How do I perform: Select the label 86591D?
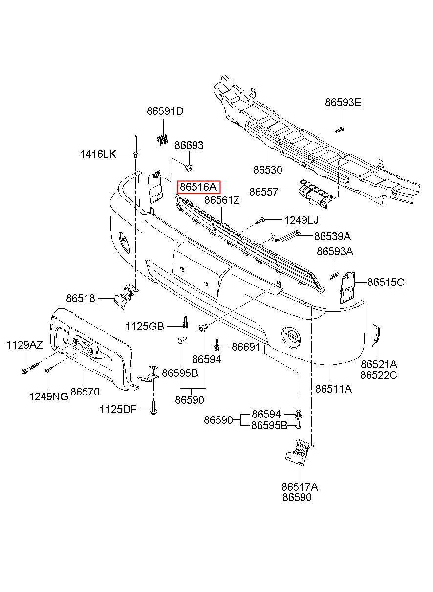coord(165,111)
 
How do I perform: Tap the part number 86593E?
coord(344,103)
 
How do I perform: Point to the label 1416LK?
coord(98,154)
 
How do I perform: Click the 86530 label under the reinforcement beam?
coord(268,170)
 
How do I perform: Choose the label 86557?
coord(264,192)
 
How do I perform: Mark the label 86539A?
coord(332,237)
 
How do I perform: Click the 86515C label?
coord(386,282)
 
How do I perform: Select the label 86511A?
coord(334,389)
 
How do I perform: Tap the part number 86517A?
coord(300,487)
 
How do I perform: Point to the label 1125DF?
coord(118,409)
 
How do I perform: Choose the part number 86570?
coord(85,392)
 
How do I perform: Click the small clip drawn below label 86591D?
coord(161,139)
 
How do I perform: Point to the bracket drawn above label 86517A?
coord(299,452)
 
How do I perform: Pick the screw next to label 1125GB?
coord(186,323)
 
